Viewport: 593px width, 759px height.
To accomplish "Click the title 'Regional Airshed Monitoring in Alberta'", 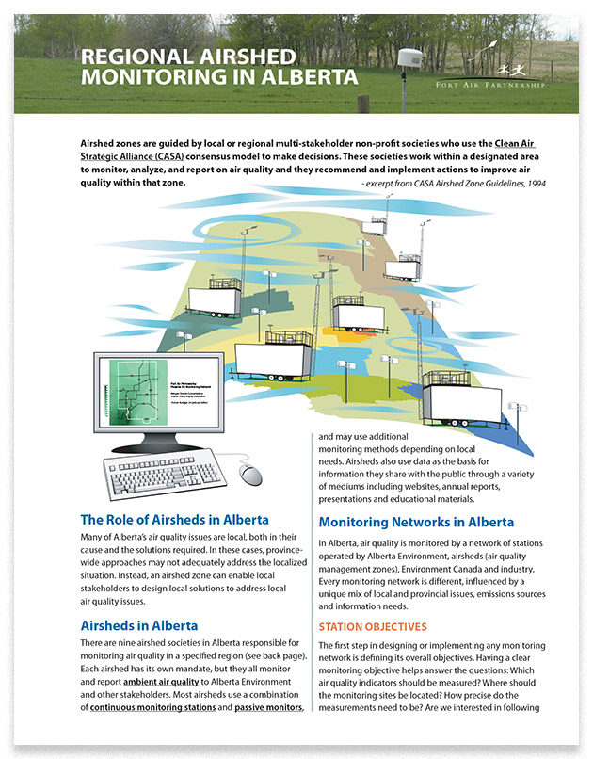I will tap(205, 65).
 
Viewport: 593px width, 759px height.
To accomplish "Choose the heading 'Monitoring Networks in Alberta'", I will tap(416, 522).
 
